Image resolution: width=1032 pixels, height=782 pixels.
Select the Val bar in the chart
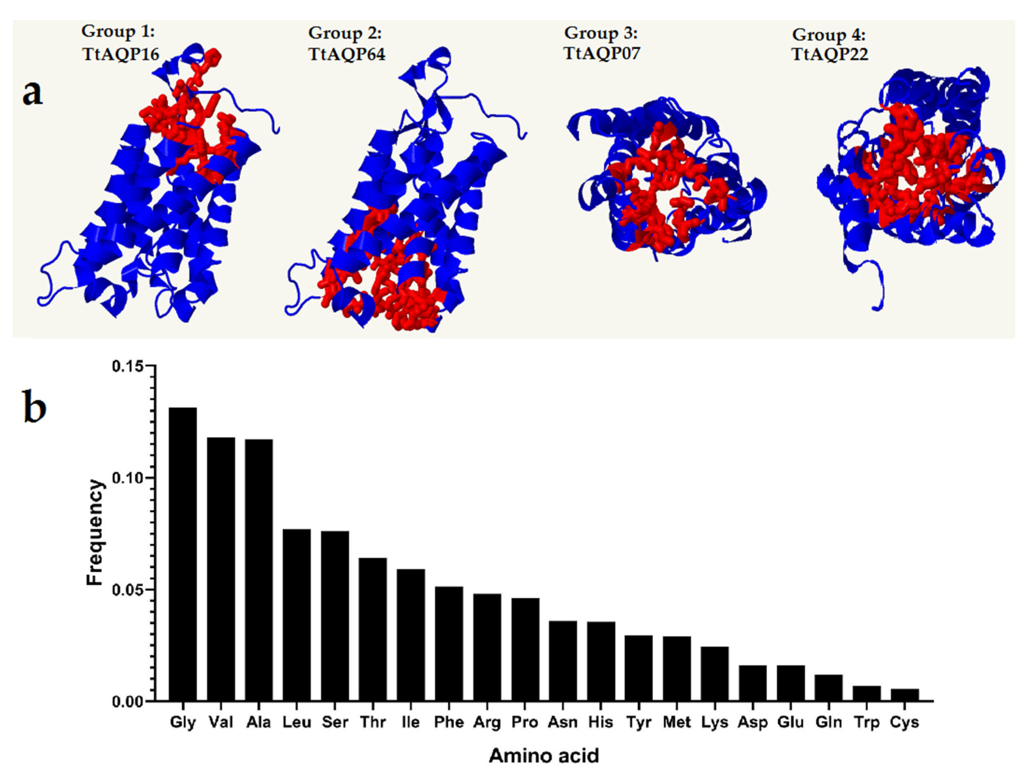[221, 569]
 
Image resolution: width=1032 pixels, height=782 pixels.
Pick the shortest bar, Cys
[905, 695]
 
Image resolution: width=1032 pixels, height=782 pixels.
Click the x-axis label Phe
[449, 722]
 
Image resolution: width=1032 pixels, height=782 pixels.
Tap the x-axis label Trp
[867, 722]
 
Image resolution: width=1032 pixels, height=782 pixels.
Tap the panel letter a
[33, 92]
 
